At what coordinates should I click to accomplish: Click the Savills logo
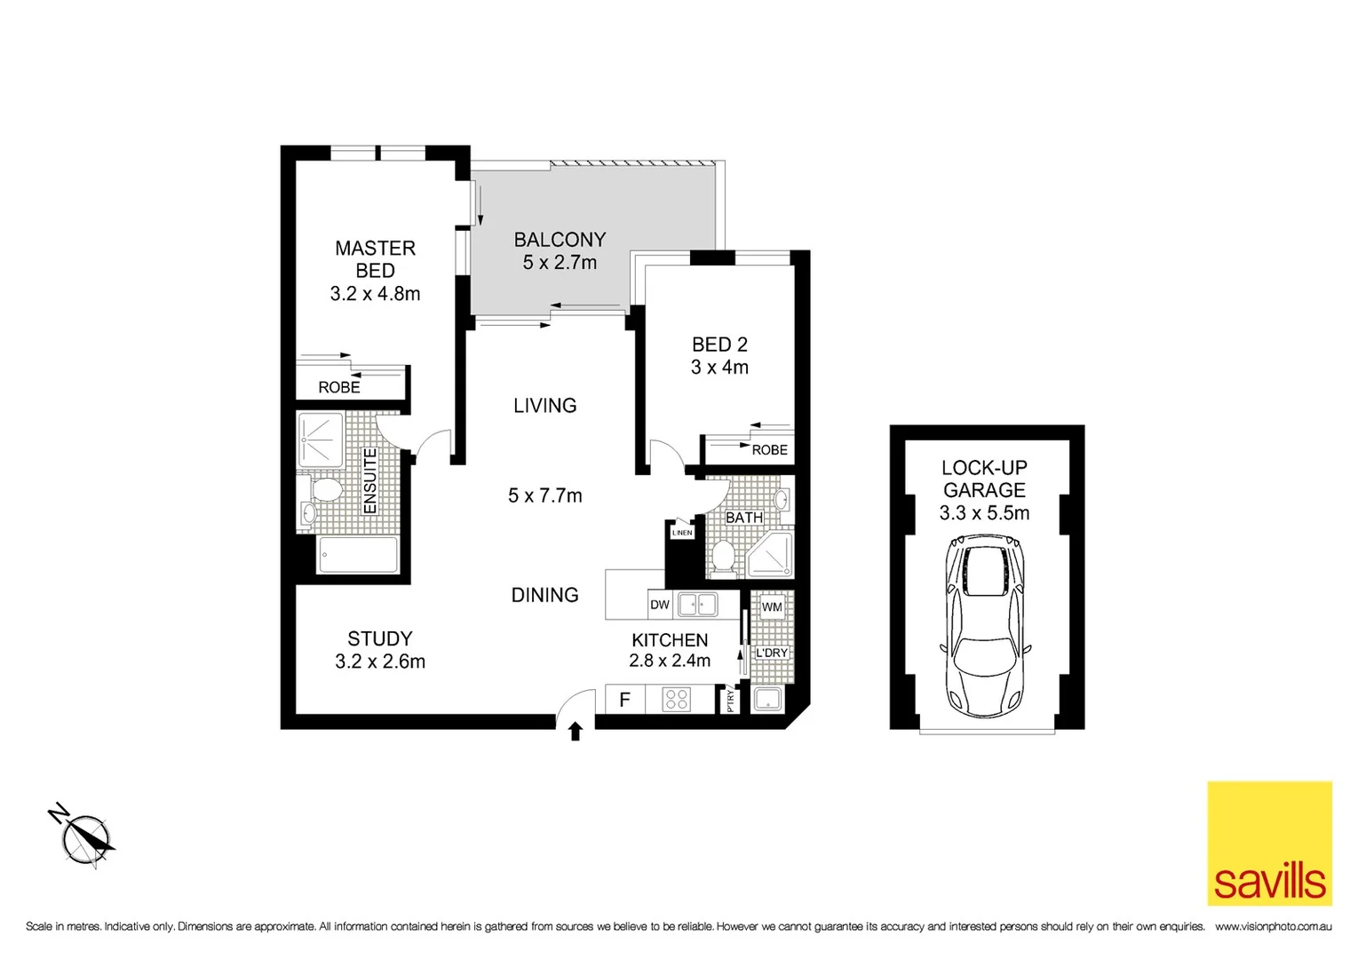coord(1269,843)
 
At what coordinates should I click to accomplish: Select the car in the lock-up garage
coord(984,627)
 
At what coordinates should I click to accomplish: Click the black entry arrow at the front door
coord(576,731)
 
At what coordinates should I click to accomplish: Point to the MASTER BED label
coord(375,259)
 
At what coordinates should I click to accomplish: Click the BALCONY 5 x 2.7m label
coord(560,250)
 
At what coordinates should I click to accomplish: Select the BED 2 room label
coord(719,355)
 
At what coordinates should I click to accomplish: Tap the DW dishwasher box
coord(660,605)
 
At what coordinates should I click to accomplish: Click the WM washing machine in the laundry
coord(772,607)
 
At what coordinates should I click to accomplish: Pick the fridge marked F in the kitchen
coord(624,700)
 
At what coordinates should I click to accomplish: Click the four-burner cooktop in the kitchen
coord(677,700)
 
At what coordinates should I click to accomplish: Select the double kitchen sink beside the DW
coord(697,605)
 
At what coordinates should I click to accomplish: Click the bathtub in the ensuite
coord(358,556)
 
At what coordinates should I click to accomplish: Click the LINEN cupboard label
coord(681,533)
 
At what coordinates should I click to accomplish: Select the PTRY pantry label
coord(731,700)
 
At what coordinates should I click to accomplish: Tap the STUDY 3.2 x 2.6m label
coord(380,650)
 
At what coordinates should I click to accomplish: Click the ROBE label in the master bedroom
coord(339,387)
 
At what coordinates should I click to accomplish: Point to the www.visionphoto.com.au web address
coord(1273,927)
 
